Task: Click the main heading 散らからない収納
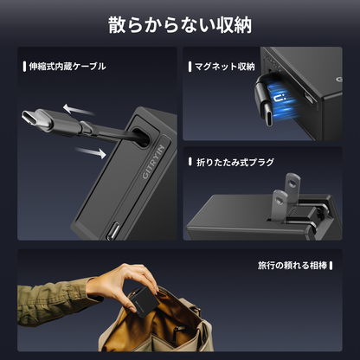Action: coord(180,25)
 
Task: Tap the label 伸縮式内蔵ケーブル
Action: coord(67,67)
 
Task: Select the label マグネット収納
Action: coord(225,67)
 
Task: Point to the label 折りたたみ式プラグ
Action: coord(235,162)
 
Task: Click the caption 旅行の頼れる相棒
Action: coord(292,266)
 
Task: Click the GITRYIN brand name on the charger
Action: coord(154,162)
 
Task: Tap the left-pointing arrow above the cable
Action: coord(79,110)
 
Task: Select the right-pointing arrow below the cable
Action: coord(91,152)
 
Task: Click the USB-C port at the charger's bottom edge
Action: coord(113,230)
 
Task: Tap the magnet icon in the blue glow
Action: coord(280,99)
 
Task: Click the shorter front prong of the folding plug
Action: coord(280,205)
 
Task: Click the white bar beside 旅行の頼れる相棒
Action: coord(331,266)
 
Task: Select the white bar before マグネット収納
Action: coord(190,67)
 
